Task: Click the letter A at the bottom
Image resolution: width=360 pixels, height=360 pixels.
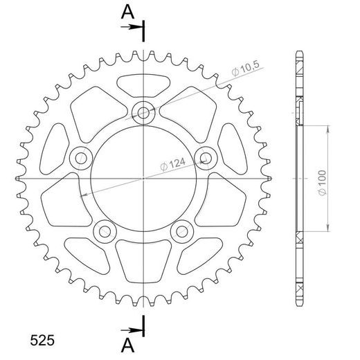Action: (127, 344)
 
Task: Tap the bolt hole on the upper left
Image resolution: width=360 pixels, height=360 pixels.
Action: (79, 157)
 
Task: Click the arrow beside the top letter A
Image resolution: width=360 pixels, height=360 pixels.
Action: (130, 27)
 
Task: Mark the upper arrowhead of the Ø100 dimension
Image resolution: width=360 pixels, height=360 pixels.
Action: (327, 129)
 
